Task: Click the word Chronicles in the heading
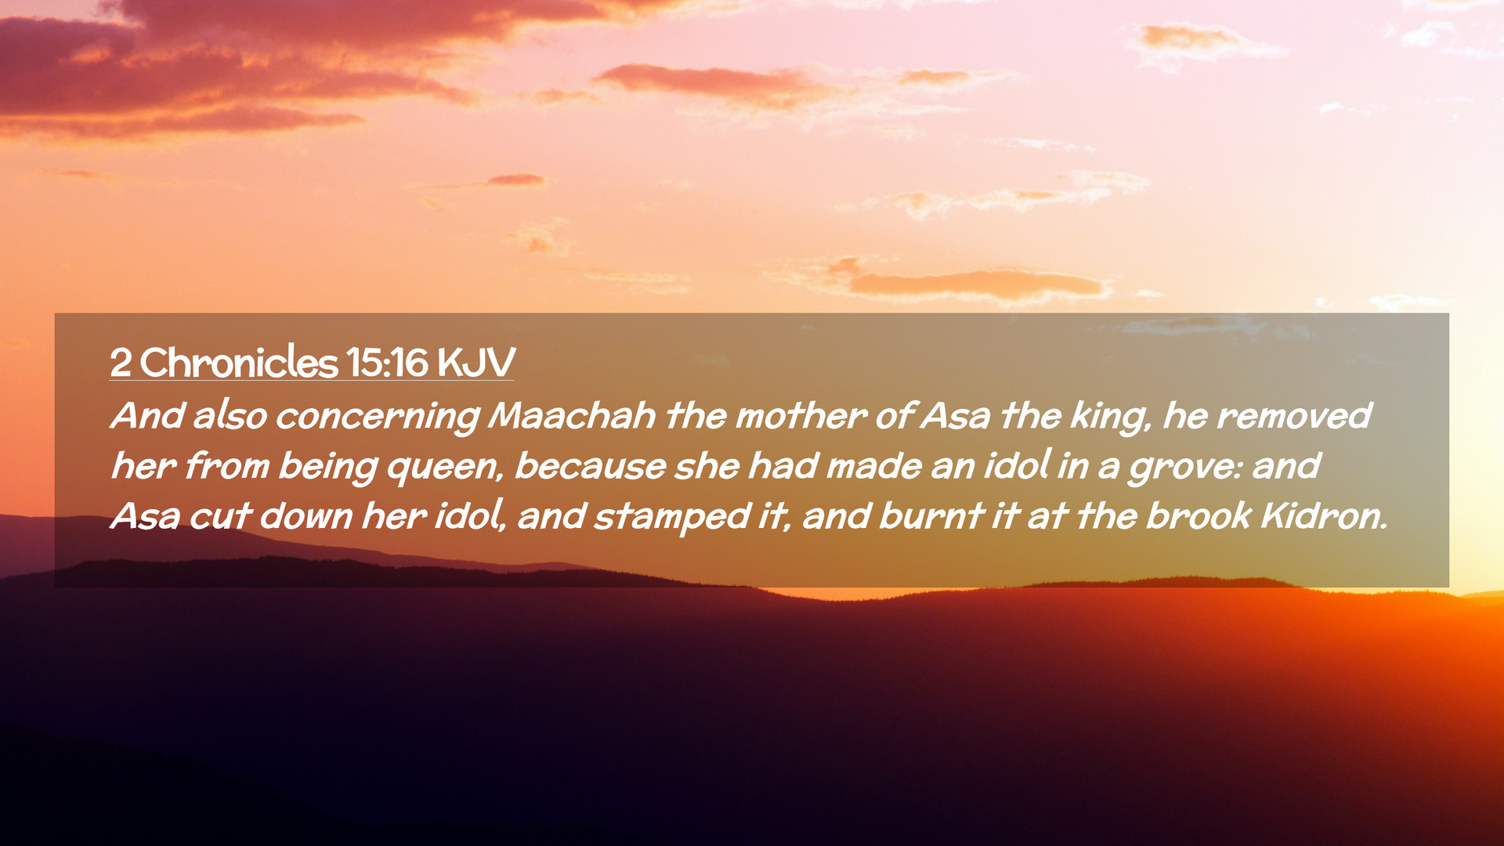coord(239,362)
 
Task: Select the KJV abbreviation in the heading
coord(475,363)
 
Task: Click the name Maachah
coord(572,415)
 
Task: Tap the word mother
coord(801,415)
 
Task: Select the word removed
coord(1294,415)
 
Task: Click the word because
coord(590,466)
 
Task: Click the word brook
coord(1199,515)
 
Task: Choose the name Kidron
coord(1325,515)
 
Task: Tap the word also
coord(230,415)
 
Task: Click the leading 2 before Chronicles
coord(120,363)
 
